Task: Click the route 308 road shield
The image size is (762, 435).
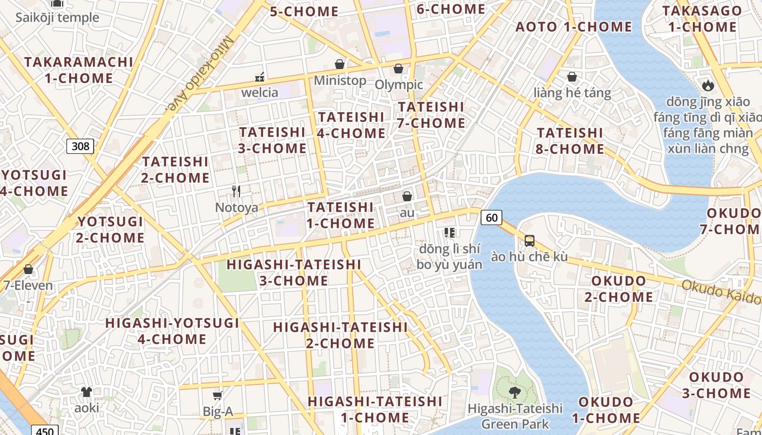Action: [x=80, y=146]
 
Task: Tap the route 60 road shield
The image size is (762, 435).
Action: [x=491, y=217]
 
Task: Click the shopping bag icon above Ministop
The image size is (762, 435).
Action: [x=340, y=65]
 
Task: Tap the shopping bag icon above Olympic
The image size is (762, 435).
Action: [x=398, y=69]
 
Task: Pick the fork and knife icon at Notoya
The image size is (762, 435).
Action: [x=236, y=191]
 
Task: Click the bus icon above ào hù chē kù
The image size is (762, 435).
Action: [x=529, y=240]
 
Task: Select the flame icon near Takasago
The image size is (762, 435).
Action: [x=708, y=85]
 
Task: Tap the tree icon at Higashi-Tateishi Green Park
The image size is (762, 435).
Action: [x=514, y=391]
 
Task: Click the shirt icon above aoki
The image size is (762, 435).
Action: [x=87, y=391]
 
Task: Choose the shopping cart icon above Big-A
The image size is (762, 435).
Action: [x=218, y=396]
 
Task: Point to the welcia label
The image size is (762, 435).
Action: [x=260, y=92]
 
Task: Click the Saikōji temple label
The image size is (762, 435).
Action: [x=57, y=17]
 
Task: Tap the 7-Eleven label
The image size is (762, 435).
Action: [x=28, y=285]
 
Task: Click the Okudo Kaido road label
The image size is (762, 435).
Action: [x=721, y=292]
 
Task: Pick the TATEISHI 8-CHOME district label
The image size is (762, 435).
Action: [x=570, y=141]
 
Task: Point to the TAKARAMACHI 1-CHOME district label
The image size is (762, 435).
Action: [x=79, y=70]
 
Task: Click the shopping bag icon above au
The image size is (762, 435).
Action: [x=407, y=196]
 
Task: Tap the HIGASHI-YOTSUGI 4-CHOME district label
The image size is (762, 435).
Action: [x=172, y=331]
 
